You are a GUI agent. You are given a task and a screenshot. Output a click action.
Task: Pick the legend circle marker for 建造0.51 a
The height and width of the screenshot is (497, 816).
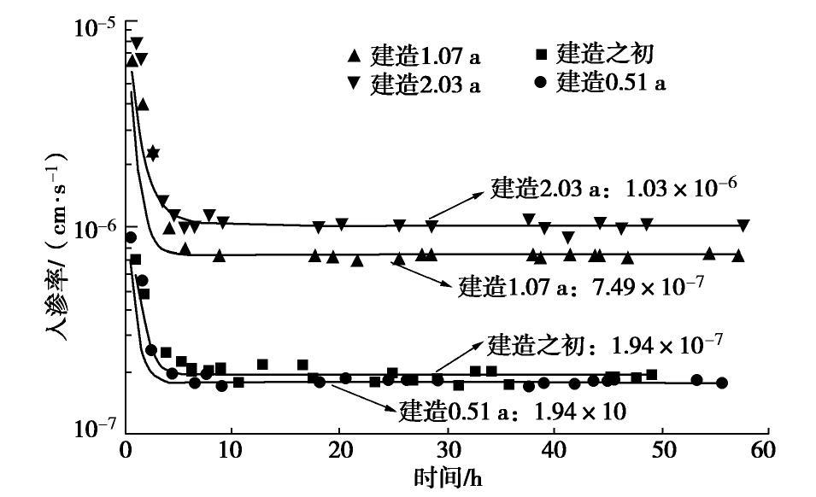(x=540, y=82)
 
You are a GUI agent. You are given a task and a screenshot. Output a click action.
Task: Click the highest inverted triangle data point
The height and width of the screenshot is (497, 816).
(x=136, y=43)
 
